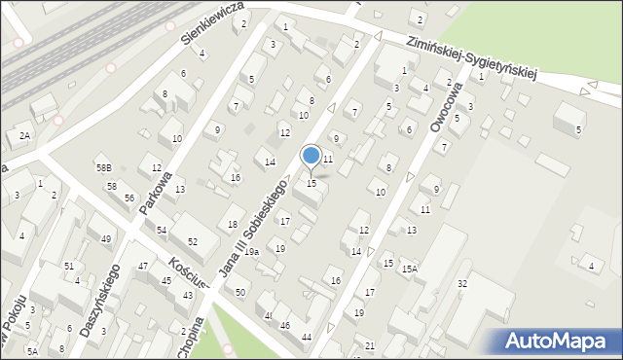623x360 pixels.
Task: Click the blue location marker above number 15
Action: click(311, 156)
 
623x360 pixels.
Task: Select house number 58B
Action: click(103, 169)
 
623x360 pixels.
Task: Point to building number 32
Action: click(462, 283)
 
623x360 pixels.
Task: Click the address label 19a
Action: click(251, 252)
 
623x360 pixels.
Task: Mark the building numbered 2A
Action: click(24, 136)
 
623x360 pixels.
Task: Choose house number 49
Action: click(106, 238)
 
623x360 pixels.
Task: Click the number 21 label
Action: click(369, 345)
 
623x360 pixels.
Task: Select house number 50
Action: click(240, 292)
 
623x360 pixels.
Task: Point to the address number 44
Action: click(307, 337)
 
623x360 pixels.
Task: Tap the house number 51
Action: click(68, 266)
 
